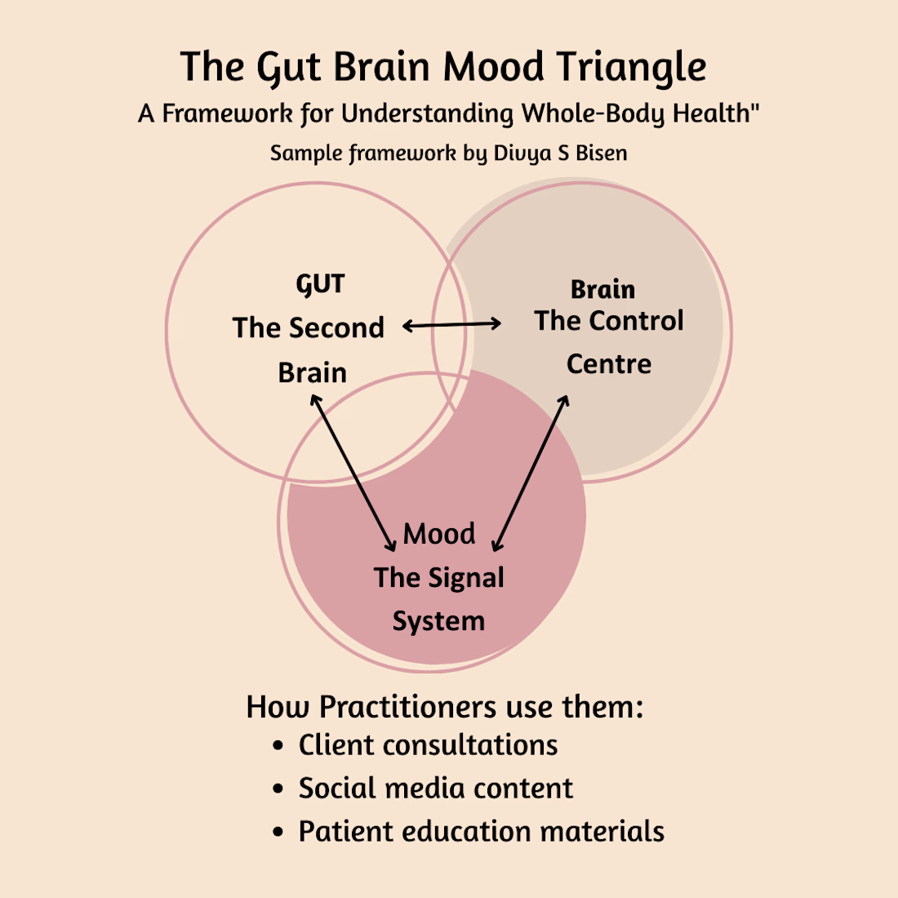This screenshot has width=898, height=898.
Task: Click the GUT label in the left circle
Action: point(320,285)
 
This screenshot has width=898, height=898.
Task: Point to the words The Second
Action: point(308,328)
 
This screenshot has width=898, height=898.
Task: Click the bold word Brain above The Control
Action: point(602,290)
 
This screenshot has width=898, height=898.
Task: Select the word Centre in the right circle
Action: point(609,364)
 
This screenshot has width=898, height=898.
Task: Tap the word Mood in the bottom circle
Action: point(439,534)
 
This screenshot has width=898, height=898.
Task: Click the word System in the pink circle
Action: point(438,621)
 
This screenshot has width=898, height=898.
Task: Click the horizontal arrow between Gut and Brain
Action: point(452,326)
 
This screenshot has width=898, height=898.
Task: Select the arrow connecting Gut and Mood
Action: point(353,473)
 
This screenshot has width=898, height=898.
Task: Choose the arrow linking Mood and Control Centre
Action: point(531,473)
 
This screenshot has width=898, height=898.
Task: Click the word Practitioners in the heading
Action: point(407,707)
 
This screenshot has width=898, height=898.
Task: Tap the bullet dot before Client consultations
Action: point(279,746)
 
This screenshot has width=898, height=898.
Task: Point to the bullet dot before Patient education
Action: point(279,833)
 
